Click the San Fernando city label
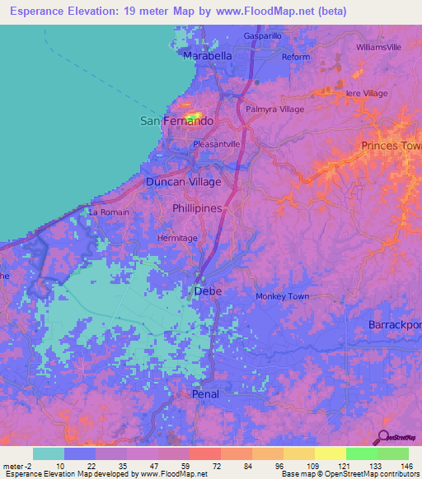pyautogui.click(x=176, y=121)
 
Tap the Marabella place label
pyautogui.click(x=207, y=57)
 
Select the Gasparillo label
pyautogui.click(x=264, y=36)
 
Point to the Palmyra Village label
pyautogui.click(x=275, y=109)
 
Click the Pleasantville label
pyautogui.click(x=216, y=143)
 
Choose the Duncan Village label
pyautogui.click(x=183, y=181)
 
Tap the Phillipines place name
pyautogui.click(x=197, y=209)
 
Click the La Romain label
pyautogui.click(x=109, y=212)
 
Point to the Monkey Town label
pyautogui.click(x=282, y=296)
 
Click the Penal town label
pyautogui.click(x=205, y=394)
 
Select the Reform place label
pyautogui.click(x=296, y=57)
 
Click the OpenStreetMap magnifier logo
pyautogui.click(x=383, y=439)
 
